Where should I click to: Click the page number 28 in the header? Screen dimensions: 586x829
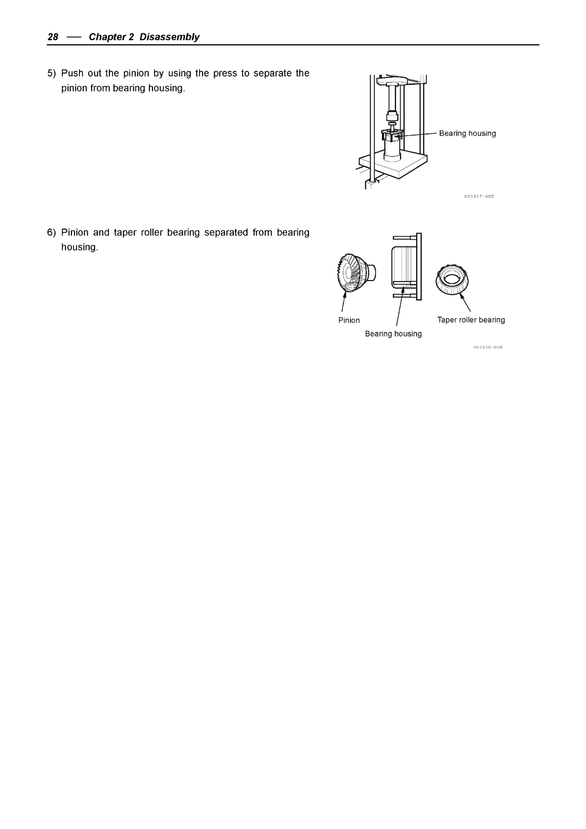tap(53, 37)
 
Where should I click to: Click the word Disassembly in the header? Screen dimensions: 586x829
tap(169, 37)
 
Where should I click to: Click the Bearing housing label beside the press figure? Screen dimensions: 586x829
tap(467, 134)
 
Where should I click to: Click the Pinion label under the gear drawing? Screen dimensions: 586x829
tap(349, 320)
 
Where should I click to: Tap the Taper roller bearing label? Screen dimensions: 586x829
tap(471, 320)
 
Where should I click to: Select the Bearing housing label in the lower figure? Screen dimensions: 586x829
tap(393, 334)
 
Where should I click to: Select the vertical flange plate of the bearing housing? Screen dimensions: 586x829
tap(418, 266)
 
